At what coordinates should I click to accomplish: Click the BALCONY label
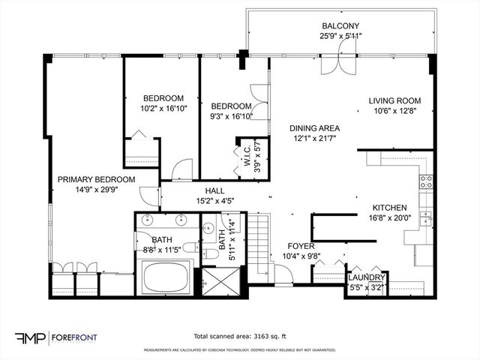tap(340, 25)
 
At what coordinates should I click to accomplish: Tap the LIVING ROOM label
tap(394, 101)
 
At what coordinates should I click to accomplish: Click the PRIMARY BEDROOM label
tap(96, 179)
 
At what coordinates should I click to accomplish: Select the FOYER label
tap(301, 245)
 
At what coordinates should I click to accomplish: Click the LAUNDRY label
tap(365, 277)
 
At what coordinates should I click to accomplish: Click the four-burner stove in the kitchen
tap(426, 181)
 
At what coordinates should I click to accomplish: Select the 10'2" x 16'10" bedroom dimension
tap(163, 109)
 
